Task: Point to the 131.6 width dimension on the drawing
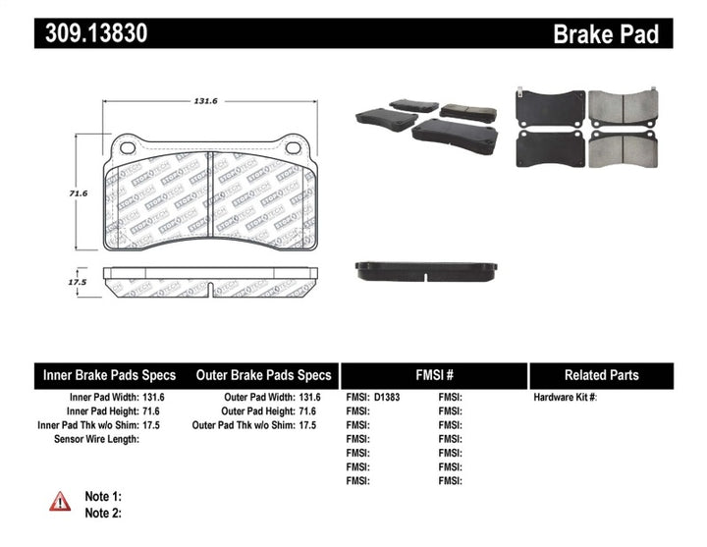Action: click(204, 101)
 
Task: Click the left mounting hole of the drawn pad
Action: click(125, 148)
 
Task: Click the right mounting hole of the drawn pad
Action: click(292, 148)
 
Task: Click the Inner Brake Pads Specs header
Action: click(109, 375)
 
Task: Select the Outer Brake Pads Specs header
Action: click(263, 375)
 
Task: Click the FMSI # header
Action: click(433, 375)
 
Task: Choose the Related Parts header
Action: click(601, 375)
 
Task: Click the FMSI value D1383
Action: click(388, 397)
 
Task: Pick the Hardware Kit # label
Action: click(565, 397)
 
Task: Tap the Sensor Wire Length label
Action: click(96, 439)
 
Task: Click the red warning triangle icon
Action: click(60, 502)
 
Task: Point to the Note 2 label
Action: click(103, 513)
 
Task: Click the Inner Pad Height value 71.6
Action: click(150, 410)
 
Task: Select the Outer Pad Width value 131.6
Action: click(309, 397)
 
